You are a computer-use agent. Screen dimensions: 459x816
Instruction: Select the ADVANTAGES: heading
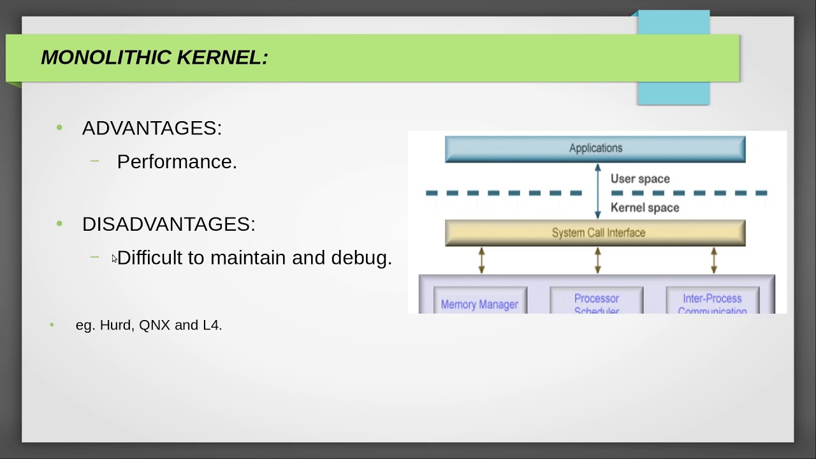pos(152,128)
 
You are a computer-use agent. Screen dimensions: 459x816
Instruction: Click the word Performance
pos(177,162)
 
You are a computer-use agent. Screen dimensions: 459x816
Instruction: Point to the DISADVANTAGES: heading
pos(168,224)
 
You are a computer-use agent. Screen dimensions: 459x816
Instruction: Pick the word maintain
pos(248,258)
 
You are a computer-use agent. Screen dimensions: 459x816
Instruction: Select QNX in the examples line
pos(154,325)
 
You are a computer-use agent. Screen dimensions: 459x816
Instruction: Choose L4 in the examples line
pos(211,325)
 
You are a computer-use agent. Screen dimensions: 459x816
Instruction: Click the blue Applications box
pos(595,149)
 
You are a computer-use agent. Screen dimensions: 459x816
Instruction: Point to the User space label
pos(640,179)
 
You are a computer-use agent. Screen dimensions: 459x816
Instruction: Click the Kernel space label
pos(645,208)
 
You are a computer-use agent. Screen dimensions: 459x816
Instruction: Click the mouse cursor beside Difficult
pos(114,258)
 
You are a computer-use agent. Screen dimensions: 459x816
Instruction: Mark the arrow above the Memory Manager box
pos(481,261)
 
